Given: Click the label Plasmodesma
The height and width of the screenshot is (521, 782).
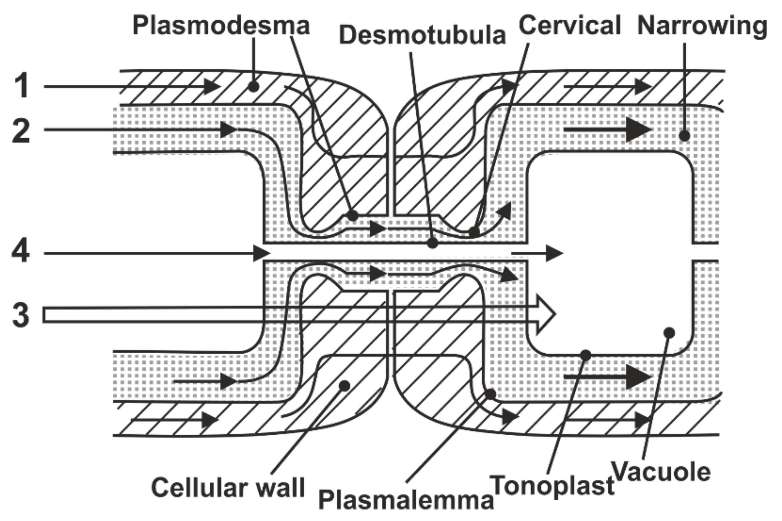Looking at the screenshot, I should pyautogui.click(x=221, y=26).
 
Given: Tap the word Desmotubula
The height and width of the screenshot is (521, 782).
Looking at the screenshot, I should pyautogui.click(x=422, y=35).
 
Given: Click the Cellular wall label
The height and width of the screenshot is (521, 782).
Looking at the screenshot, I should pyautogui.click(x=228, y=488).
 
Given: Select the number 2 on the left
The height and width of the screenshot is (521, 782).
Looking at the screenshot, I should pyautogui.click(x=21, y=131).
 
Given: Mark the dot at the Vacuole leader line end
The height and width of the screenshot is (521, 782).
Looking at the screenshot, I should pyautogui.click(x=669, y=333).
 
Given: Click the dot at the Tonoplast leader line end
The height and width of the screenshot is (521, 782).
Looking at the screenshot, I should pyautogui.click(x=585, y=355).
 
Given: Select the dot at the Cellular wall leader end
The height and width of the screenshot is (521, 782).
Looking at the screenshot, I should pyautogui.click(x=345, y=386).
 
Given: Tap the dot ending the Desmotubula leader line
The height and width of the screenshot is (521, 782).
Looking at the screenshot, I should pyautogui.click(x=432, y=243).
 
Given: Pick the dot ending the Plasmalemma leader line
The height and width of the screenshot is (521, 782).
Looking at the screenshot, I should pyautogui.click(x=490, y=394).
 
